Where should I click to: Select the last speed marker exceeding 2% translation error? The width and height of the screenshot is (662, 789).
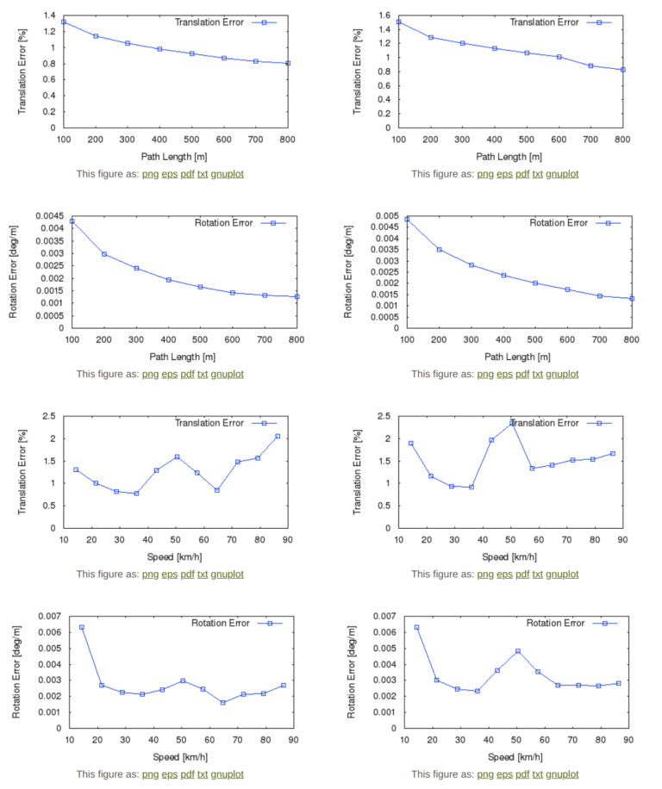(278, 436)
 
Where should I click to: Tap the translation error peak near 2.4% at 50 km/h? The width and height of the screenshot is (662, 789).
(512, 422)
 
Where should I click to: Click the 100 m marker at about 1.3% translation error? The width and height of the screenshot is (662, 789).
(64, 22)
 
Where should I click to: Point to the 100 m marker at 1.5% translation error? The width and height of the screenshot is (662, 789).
(398, 22)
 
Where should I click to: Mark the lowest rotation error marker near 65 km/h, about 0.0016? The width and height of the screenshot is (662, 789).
(222, 703)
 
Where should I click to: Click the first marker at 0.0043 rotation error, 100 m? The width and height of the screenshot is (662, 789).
(72, 221)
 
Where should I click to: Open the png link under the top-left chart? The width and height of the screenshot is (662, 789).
(150, 174)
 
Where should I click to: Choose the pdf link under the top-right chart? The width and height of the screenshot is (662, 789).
(522, 174)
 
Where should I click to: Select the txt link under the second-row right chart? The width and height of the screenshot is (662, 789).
(537, 374)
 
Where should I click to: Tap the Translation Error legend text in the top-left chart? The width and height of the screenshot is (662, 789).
(209, 22)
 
